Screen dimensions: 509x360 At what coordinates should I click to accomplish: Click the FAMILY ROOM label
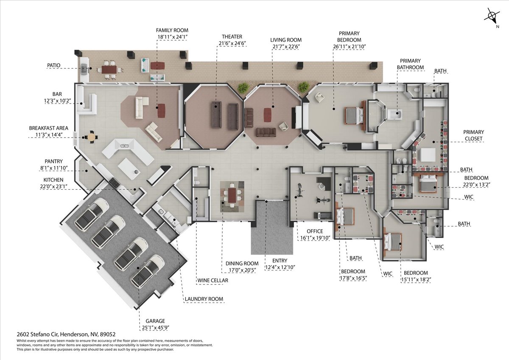point(172,30)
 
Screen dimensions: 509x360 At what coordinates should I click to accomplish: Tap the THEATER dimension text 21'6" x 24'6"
point(232,43)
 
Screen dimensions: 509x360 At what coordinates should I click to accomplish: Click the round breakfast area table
point(91,137)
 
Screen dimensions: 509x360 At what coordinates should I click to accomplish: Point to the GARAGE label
point(155,321)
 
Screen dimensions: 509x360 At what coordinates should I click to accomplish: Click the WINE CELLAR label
point(213,281)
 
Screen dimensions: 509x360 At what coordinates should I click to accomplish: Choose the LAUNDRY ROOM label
point(204,299)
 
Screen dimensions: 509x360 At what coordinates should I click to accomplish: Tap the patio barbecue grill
point(84,68)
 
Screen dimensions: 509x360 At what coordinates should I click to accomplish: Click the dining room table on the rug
point(232,195)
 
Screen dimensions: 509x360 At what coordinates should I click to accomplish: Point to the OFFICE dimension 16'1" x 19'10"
point(315,238)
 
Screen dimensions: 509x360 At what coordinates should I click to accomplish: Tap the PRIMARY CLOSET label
point(473,135)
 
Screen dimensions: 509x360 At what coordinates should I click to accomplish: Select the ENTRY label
point(280,260)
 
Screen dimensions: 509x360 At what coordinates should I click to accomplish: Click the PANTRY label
point(53,161)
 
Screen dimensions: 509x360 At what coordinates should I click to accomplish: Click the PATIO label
point(53,65)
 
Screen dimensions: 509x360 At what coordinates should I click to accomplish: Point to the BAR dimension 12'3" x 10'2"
point(58,101)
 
